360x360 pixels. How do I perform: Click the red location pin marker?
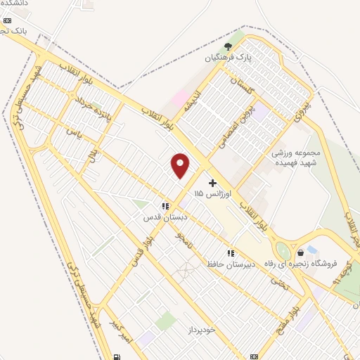[x=181, y=165]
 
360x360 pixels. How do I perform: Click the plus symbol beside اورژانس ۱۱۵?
[x=212, y=183]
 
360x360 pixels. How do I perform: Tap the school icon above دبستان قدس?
[x=165, y=206]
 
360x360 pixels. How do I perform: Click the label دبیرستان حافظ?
[x=225, y=264]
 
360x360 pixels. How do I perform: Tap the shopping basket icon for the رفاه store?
[x=301, y=252]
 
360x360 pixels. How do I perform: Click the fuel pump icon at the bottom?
[x=115, y=355]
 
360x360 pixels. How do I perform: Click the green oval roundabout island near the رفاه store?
[x=283, y=251]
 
